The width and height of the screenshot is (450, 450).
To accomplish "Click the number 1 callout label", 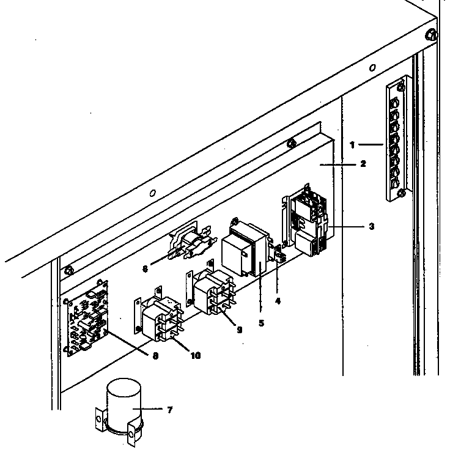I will pyautogui.click(x=353, y=145).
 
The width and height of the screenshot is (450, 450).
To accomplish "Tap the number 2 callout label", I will pyautogui.click(x=363, y=164).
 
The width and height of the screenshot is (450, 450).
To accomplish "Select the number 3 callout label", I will pyautogui.click(x=371, y=226).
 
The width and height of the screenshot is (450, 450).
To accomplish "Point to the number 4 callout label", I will pyautogui.click(x=278, y=301).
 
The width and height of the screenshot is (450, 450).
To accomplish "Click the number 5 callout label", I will pyautogui.click(x=261, y=322).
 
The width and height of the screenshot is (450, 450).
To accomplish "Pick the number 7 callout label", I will pyautogui.click(x=169, y=410).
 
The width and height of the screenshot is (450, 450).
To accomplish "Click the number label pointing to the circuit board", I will pyautogui.click(x=156, y=355).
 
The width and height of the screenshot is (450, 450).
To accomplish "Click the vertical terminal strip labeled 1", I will pyautogui.click(x=395, y=139).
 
